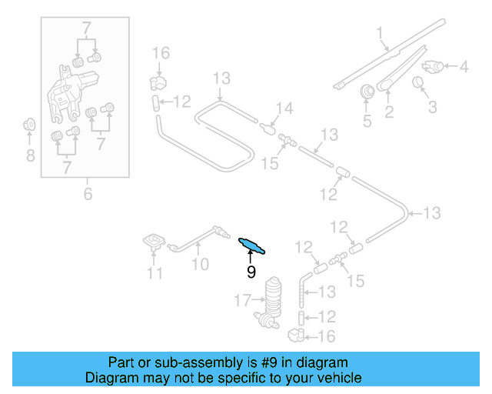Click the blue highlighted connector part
(x=252, y=245)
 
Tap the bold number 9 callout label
(x=251, y=272)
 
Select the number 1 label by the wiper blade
(x=379, y=32)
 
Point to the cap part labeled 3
(x=420, y=82)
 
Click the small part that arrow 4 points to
(x=435, y=66)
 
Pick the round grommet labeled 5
(x=367, y=92)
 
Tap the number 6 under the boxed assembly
(x=88, y=194)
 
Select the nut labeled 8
(x=29, y=124)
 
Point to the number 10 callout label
(x=200, y=265)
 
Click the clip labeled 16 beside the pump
(x=296, y=334)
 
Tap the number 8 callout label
(x=30, y=156)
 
